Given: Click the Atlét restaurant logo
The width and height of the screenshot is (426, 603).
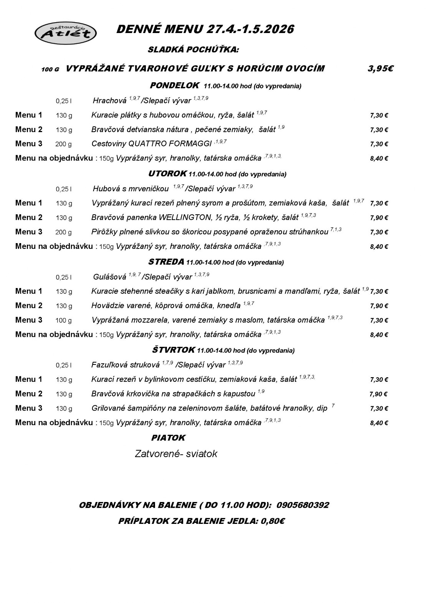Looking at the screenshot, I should pyautogui.click(x=65, y=33).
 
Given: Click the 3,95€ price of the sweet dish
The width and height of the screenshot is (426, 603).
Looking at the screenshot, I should pyautogui.click(x=380, y=69).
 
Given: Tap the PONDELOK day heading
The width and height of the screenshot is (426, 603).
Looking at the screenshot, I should pyautogui.click(x=174, y=85).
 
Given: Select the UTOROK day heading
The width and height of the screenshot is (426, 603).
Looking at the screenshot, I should pyautogui.click(x=167, y=174).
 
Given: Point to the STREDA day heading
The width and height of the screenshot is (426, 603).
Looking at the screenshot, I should pyautogui.click(x=166, y=262).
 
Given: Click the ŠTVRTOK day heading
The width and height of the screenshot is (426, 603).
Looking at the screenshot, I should pyautogui.click(x=173, y=350).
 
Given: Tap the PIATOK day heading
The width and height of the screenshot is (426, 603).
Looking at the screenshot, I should pyautogui.click(x=168, y=437).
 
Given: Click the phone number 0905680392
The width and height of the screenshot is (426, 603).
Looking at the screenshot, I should pyautogui.click(x=302, y=505).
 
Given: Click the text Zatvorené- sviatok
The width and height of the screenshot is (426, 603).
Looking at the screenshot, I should pyautogui.click(x=176, y=454).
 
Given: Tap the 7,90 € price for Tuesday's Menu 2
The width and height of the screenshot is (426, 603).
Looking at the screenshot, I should pyautogui.click(x=379, y=218).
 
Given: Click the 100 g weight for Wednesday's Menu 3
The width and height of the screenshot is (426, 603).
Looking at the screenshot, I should pyautogui.click(x=64, y=320).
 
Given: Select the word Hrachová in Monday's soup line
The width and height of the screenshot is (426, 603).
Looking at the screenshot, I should pyautogui.click(x=109, y=101).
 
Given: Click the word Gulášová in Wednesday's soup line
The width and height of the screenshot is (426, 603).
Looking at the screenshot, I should pyautogui.click(x=109, y=277).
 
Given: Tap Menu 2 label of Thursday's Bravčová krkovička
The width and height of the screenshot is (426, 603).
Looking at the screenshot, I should pyautogui.click(x=29, y=394).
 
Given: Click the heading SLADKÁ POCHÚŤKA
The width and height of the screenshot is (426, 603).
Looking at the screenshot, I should pyautogui.click(x=193, y=50).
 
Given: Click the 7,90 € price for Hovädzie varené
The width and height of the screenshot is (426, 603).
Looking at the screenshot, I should pyautogui.click(x=379, y=306).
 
